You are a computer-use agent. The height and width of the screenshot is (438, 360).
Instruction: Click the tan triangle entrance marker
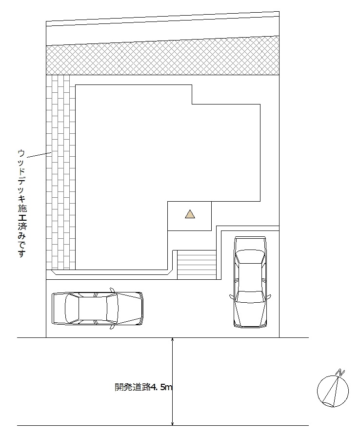[x=190, y=214]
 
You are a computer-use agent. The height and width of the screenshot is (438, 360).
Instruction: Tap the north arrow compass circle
[x=317, y=391]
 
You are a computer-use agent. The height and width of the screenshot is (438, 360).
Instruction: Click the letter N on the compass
[x=341, y=372]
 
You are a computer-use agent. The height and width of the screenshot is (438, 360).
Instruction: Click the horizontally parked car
[x=98, y=309]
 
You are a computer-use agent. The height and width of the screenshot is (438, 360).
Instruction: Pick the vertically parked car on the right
[x=250, y=282]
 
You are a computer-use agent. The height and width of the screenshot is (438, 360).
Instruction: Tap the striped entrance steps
[x=197, y=265]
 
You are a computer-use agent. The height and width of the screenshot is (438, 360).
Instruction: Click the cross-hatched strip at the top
[x=162, y=56]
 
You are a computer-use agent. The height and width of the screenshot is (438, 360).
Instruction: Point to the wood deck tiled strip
[x=60, y=172]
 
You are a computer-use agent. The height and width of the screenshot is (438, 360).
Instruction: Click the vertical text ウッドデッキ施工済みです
[x=22, y=203]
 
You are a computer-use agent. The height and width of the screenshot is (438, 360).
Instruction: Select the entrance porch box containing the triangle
[x=189, y=216]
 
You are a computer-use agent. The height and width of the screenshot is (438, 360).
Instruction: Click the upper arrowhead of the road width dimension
[x=173, y=340]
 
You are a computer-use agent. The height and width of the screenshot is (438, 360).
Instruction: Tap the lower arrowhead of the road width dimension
[x=173, y=423]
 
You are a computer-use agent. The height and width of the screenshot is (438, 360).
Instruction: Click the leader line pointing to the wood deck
[x=39, y=155]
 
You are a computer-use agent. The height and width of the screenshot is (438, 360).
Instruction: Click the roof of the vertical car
[x=250, y=277]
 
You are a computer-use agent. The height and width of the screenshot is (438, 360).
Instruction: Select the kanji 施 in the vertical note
[x=22, y=208]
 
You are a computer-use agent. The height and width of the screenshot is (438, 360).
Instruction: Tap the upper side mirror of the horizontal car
[x=113, y=290]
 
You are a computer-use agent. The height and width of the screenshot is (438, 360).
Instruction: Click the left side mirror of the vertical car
[x=232, y=297]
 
